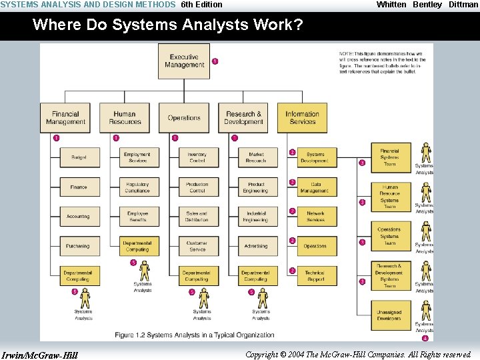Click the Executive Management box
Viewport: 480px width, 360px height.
(183, 61)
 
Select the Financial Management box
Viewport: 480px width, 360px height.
(65, 117)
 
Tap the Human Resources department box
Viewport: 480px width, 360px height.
(125, 117)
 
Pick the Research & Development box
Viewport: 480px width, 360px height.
(243, 117)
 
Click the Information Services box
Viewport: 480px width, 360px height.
(302, 117)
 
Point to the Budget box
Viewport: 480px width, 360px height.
(78, 157)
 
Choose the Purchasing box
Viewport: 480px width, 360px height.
(78, 246)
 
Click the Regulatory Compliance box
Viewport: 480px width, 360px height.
(137, 187)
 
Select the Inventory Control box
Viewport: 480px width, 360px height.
(197, 157)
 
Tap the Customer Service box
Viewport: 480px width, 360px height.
(197, 246)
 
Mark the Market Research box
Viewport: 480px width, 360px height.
(256, 157)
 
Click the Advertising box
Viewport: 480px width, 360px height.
(256, 246)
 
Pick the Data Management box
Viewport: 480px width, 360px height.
(315, 187)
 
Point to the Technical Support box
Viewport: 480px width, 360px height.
(315, 276)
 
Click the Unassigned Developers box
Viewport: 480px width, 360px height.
(389, 315)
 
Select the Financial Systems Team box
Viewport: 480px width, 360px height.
(389, 157)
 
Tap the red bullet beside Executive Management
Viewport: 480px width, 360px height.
(215, 61)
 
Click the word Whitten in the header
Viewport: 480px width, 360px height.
(391, 5)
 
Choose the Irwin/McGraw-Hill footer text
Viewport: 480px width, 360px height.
(40, 355)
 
